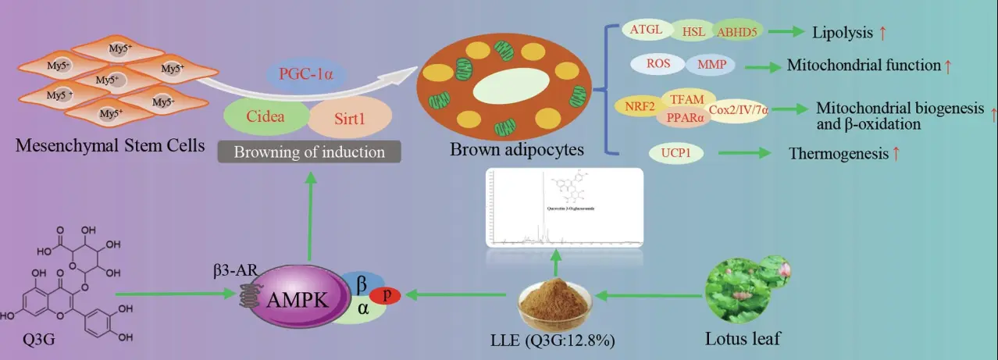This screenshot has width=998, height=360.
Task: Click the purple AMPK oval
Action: pos(294,298)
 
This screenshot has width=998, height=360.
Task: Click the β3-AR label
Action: pos(231,272)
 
